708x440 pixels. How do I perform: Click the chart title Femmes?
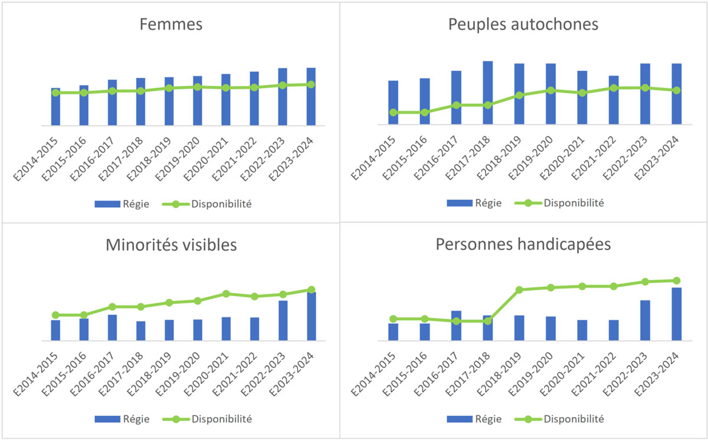171,25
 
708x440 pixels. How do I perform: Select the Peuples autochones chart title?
523,25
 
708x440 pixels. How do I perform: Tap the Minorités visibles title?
171,245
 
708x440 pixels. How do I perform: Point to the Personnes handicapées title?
523,245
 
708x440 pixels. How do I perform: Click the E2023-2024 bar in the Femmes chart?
311,97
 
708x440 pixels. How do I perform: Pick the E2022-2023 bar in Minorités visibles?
283,321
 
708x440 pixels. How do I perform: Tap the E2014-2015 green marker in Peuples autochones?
393,112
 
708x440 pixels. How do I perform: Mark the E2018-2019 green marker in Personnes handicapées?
519,290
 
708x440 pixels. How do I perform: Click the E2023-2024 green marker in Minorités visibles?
312,290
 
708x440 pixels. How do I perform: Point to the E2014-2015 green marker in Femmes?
55,93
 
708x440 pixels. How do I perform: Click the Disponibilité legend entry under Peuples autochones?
558,203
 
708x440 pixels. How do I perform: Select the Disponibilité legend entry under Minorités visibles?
206,419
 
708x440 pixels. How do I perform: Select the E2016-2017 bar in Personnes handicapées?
456,326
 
